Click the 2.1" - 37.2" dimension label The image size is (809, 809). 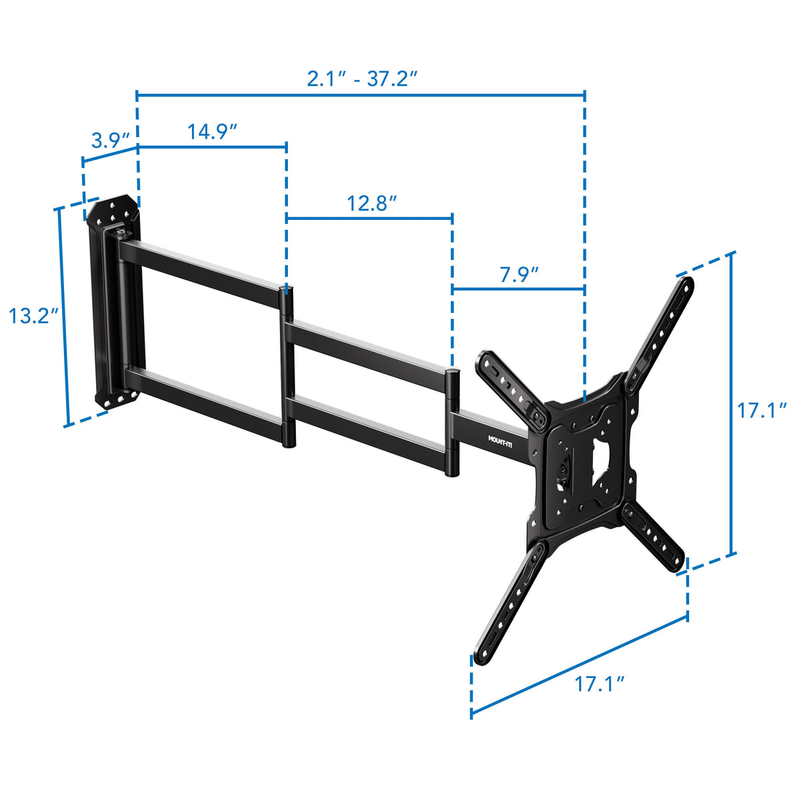click(362, 79)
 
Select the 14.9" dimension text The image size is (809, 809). click(213, 131)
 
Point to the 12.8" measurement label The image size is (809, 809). click(372, 203)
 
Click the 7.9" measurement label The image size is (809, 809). click(519, 274)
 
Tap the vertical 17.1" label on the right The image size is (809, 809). click(762, 410)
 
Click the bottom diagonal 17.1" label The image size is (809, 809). click(600, 683)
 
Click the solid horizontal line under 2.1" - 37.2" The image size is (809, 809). click(361, 95)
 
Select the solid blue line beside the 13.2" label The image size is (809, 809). click(63, 317)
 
